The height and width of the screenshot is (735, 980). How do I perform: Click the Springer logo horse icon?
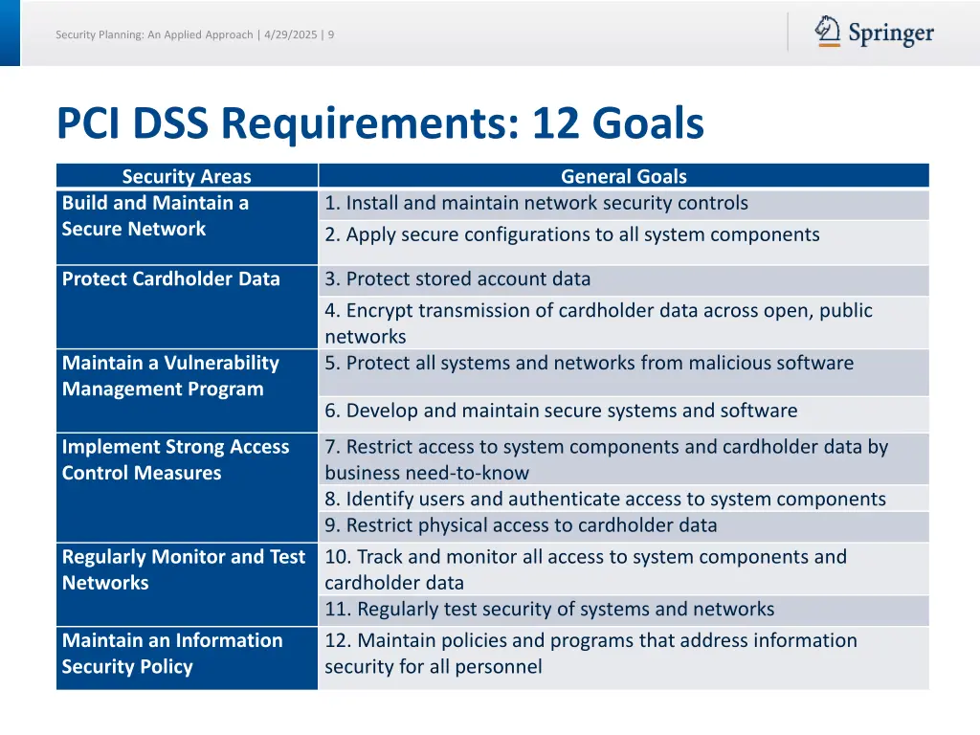[828, 32]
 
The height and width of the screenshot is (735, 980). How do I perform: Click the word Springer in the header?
[890, 34]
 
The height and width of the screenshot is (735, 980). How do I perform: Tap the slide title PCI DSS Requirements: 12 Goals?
[380, 123]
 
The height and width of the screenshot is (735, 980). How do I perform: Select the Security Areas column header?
[187, 176]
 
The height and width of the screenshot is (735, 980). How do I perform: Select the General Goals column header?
[623, 176]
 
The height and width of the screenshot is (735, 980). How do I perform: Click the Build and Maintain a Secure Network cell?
[155, 216]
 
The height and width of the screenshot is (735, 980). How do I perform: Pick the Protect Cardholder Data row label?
[171, 279]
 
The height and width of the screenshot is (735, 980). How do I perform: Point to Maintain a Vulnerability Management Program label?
[170, 376]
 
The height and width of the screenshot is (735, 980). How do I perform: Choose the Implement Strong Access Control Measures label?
[175, 460]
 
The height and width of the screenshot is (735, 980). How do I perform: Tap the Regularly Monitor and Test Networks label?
[183, 569]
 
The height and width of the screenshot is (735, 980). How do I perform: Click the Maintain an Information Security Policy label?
[172, 654]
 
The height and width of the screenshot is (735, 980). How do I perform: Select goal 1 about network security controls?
[536, 203]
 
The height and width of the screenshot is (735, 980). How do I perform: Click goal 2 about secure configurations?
[571, 234]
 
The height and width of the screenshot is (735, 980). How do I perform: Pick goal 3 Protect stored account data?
[457, 279]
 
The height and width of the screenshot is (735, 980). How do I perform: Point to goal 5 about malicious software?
[589, 364]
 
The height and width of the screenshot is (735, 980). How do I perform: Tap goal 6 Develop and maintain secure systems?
[561, 412]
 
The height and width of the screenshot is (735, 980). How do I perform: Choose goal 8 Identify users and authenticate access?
[605, 500]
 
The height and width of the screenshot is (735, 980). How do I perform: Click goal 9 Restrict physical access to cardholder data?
[521, 525]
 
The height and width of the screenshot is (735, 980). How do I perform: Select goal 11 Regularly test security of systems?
[549, 610]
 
